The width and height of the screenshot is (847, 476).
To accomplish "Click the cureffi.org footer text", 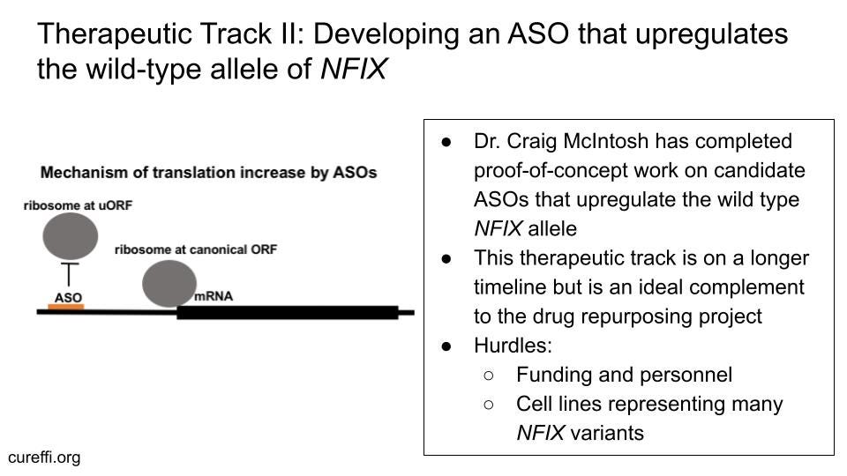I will coord(44,457).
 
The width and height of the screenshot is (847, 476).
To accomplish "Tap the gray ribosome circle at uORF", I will coord(70,236).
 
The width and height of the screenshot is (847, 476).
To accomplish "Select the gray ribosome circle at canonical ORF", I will coord(169,283).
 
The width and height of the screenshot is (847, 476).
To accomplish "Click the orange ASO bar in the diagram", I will coord(66,308).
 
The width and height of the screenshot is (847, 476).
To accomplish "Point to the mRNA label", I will coord(214,296).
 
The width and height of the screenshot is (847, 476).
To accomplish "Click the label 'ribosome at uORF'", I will coord(78,205).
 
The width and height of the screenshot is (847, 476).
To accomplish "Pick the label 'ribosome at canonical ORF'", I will coord(196,249).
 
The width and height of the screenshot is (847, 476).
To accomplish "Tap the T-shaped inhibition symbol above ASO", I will coord(68,273).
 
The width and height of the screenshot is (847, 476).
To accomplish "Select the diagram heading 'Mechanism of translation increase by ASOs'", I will coord(208,172).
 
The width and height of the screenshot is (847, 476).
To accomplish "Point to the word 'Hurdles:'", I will coord(513,346).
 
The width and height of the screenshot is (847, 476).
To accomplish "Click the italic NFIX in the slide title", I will coord(353,69).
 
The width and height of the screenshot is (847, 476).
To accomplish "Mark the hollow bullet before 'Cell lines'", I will coord(490,404).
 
